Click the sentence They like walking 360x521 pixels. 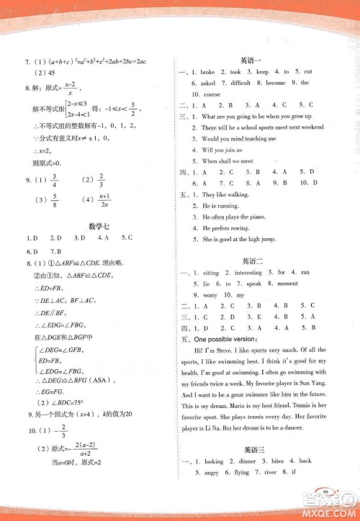pyautogui.click(x=226, y=195)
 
